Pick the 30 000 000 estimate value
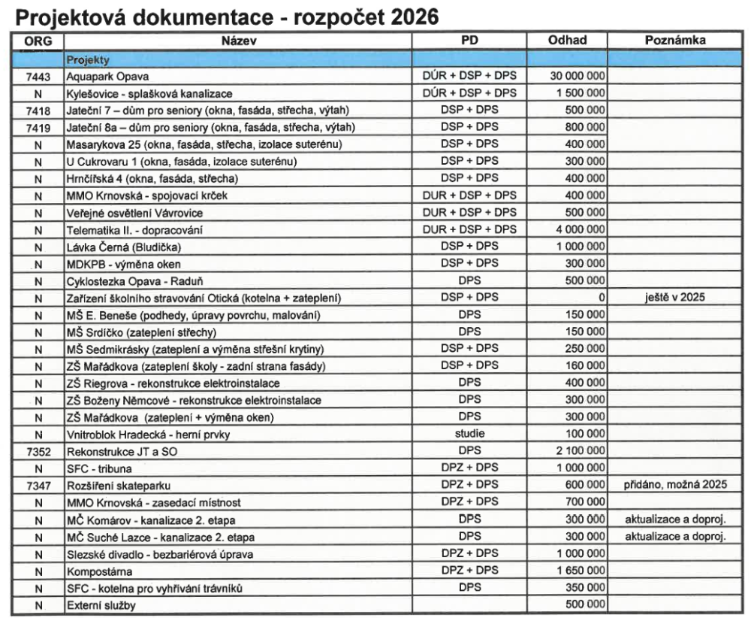(577, 77)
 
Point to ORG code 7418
(37, 111)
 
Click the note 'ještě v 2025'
(675, 298)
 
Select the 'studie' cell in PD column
(469, 434)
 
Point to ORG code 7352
(37, 451)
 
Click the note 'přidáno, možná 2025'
(675, 485)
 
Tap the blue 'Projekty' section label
(88, 59)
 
